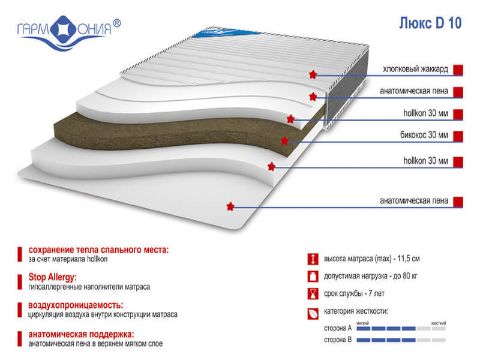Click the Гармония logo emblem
click(x=64, y=29)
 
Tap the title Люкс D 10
click(x=430, y=23)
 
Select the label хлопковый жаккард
click(x=415, y=69)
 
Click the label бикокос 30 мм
click(x=424, y=134)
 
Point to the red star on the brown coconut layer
click(x=284, y=141)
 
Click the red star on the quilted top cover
click(x=313, y=74)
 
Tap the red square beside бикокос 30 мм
click(x=458, y=137)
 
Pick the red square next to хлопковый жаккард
click(x=458, y=70)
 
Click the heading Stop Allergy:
click(x=53, y=277)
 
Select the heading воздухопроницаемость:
click(x=76, y=305)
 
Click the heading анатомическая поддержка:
click(x=81, y=334)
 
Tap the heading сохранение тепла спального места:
click(x=98, y=250)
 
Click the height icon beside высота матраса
click(x=313, y=259)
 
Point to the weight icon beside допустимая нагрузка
click(x=313, y=277)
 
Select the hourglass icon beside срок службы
click(x=313, y=294)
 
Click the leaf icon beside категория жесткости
click(x=313, y=314)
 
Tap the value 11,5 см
click(x=409, y=259)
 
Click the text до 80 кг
click(x=405, y=276)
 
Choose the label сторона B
click(x=338, y=340)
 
